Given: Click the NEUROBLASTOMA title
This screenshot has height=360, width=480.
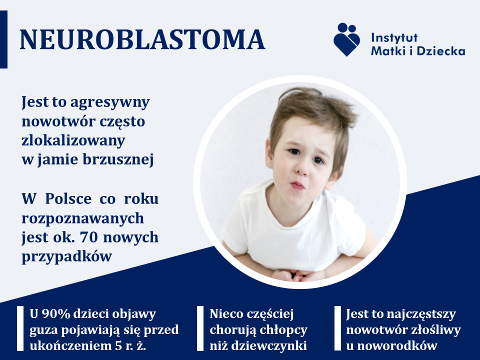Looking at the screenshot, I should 142,39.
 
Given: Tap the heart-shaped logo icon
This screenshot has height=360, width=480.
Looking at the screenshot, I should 346,39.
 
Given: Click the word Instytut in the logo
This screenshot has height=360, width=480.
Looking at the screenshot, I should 394,37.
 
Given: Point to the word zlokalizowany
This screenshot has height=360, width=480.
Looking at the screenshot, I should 73,141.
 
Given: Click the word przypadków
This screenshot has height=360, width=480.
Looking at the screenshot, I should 66,256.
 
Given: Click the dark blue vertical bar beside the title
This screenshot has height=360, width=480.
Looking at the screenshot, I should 3,39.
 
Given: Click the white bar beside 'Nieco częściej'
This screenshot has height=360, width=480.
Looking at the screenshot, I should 200,328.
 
